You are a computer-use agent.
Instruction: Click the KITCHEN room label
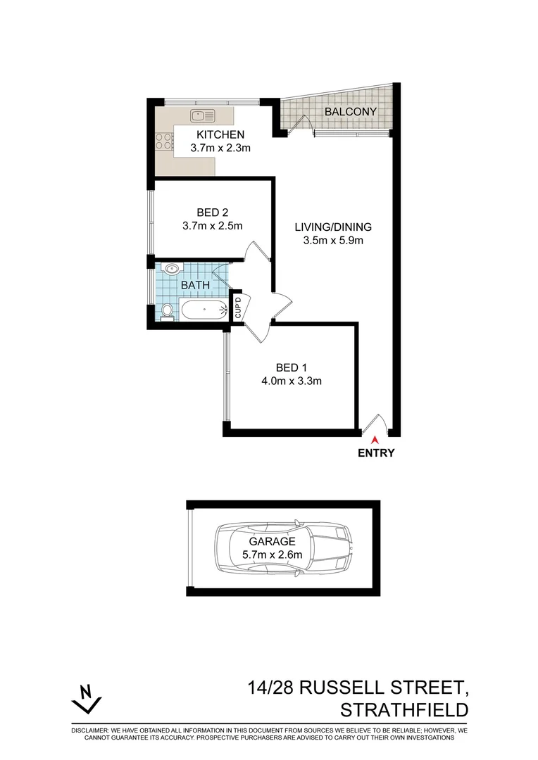220,134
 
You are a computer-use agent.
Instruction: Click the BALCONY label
351,112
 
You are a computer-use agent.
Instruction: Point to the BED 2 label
212,212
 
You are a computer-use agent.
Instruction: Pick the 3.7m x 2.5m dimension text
212,226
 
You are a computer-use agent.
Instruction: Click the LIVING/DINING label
332,227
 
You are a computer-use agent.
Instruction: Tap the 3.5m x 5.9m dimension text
332,241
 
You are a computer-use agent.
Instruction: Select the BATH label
194,285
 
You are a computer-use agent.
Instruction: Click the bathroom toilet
167,311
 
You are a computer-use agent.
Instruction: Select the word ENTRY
376,453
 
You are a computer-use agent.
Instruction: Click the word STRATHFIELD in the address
403,708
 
